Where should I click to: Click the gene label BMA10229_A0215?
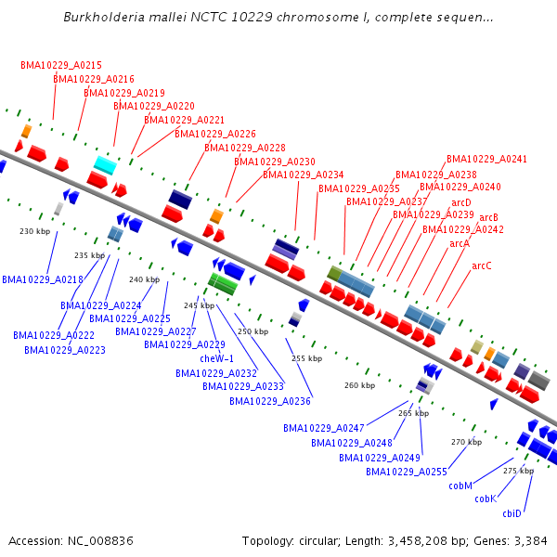(61, 65)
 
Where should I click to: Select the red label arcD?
(461, 202)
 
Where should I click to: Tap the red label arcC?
(482, 266)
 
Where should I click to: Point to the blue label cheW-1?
(216, 358)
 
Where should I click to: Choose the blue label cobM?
(460, 486)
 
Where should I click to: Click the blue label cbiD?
(512, 513)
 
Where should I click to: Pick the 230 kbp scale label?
(35, 231)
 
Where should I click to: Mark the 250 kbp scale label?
(253, 331)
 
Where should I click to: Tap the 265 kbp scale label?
(413, 413)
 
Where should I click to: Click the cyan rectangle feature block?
(105, 165)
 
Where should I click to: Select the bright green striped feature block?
(223, 284)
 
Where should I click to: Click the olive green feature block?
(334, 273)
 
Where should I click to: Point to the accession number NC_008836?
(100, 541)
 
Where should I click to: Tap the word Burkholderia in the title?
(104, 18)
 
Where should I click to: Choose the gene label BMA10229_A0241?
(486, 159)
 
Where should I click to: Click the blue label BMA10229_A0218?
(43, 280)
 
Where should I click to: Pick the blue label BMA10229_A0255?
(407, 472)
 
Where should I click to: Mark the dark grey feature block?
(538, 381)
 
